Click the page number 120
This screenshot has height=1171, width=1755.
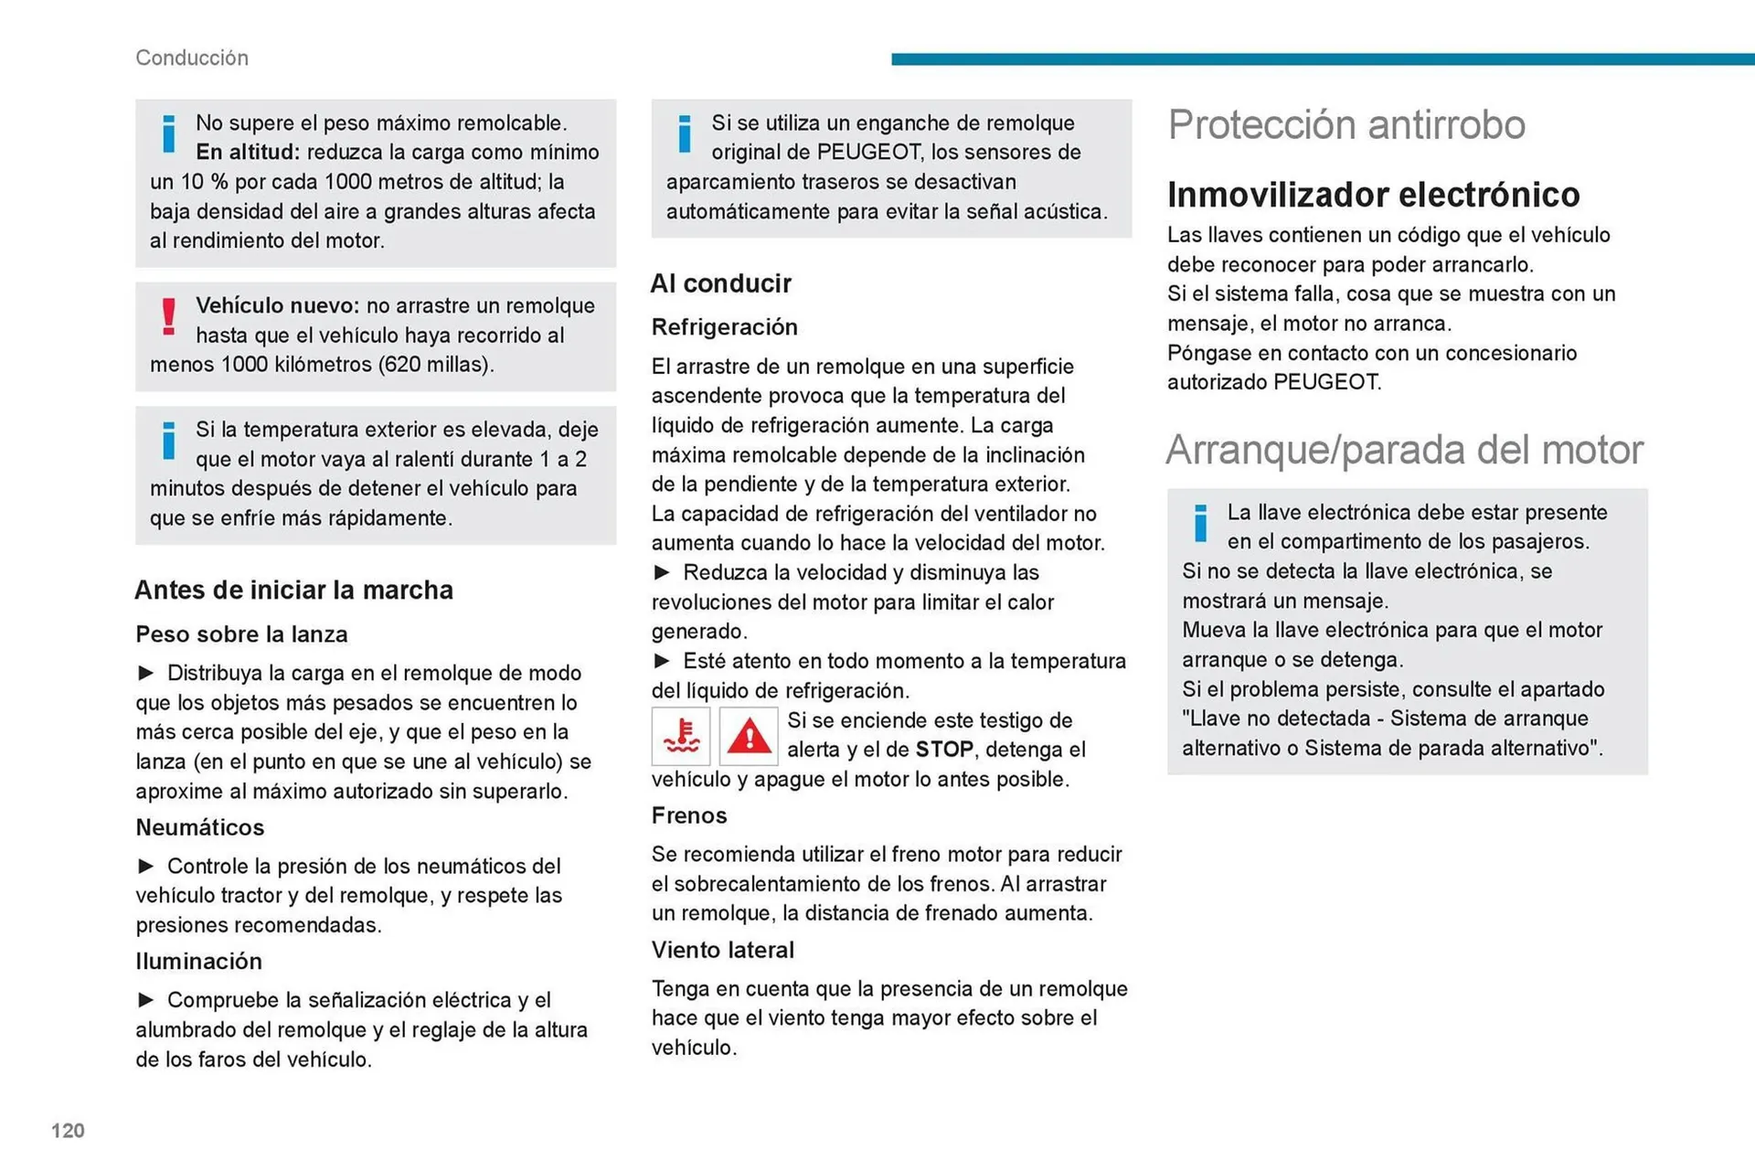pyautogui.click(x=68, y=1131)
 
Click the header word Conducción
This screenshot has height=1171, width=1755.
pyautogui.click(x=192, y=58)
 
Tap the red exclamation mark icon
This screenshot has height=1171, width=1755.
pyautogui.click(x=168, y=316)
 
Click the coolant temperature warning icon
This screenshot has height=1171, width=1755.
pyautogui.click(x=681, y=736)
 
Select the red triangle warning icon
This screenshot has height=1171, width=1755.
pyautogui.click(x=749, y=736)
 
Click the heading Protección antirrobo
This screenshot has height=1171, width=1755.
pyautogui.click(x=1346, y=124)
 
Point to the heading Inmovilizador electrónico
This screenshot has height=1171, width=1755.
pyautogui.click(x=1373, y=195)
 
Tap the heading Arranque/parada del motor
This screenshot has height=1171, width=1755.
pyautogui.click(x=1404, y=450)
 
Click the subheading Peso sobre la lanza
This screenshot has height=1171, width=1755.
pyautogui.click(x=241, y=634)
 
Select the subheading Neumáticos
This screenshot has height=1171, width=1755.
pyautogui.click(x=200, y=827)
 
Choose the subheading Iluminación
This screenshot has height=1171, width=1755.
pyautogui.click(x=198, y=961)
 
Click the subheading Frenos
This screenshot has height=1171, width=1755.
pyautogui.click(x=689, y=815)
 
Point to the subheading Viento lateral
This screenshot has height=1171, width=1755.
pyautogui.click(x=722, y=950)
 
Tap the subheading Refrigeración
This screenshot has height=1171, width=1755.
pyautogui.click(x=724, y=327)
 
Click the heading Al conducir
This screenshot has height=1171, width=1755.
pyautogui.click(x=720, y=283)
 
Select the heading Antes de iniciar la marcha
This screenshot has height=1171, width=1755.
pyautogui.click(x=293, y=590)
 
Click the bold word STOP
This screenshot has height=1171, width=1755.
pyautogui.click(x=944, y=750)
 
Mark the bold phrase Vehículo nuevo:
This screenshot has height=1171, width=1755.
pyautogui.click(x=278, y=305)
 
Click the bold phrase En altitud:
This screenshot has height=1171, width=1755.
pyautogui.click(x=248, y=152)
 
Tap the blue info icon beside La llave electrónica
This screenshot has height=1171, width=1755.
pyautogui.click(x=1200, y=523)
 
